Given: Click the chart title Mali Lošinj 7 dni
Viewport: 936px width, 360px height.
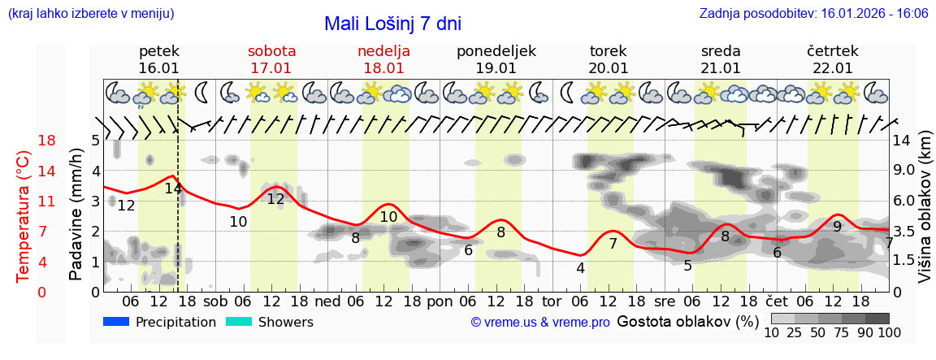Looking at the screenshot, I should (x=392, y=23).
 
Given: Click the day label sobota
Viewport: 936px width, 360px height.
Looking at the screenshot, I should (x=271, y=51).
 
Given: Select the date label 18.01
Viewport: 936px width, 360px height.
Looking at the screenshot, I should (x=383, y=68).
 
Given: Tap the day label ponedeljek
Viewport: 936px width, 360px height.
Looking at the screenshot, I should (x=496, y=51).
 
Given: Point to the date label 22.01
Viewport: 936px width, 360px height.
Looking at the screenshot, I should (x=832, y=68).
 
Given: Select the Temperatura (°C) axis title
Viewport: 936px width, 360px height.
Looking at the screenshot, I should (x=23, y=215).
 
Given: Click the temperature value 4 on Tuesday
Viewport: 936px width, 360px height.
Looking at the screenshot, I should (x=580, y=268).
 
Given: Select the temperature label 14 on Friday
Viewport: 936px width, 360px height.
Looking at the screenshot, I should (x=173, y=189).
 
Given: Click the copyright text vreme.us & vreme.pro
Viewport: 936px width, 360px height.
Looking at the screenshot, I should (x=540, y=322).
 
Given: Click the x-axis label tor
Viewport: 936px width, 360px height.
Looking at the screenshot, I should (x=552, y=301).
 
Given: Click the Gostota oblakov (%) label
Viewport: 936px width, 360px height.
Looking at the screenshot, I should (x=687, y=322).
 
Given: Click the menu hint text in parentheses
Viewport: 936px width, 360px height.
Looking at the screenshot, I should (x=90, y=14).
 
